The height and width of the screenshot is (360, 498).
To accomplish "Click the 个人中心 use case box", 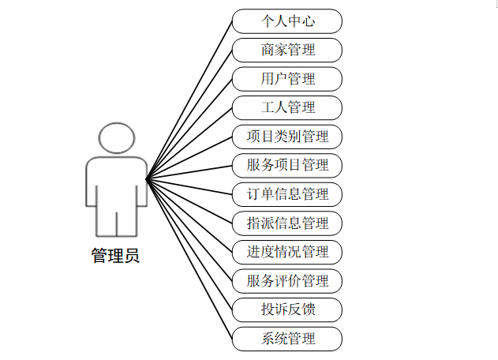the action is [x=287, y=21].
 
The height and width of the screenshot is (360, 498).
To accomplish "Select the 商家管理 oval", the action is [x=287, y=50].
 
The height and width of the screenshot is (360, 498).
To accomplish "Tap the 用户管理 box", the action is [x=287, y=79].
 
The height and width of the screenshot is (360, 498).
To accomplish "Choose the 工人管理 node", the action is [x=287, y=107].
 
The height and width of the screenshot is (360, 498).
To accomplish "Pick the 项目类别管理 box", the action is [x=287, y=137].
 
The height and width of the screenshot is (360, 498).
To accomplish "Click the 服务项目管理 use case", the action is [x=287, y=165].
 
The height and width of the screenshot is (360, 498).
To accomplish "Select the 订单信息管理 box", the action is [x=287, y=194].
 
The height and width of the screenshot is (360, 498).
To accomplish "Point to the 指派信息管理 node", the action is [x=287, y=223].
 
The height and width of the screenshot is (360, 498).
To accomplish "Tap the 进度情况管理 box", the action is [x=287, y=252].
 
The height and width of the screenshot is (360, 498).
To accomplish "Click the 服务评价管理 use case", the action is [x=287, y=280].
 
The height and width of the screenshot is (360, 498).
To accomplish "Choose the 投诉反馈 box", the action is [x=287, y=309].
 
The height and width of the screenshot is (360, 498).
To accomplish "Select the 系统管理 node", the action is [x=287, y=339].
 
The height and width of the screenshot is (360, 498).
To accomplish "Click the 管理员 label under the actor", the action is [x=115, y=256].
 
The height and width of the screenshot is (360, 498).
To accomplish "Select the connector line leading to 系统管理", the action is [x=189, y=260].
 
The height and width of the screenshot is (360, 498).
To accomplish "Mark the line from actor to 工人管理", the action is [x=189, y=142].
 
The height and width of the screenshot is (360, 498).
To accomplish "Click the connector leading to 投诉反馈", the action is [x=189, y=245].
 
